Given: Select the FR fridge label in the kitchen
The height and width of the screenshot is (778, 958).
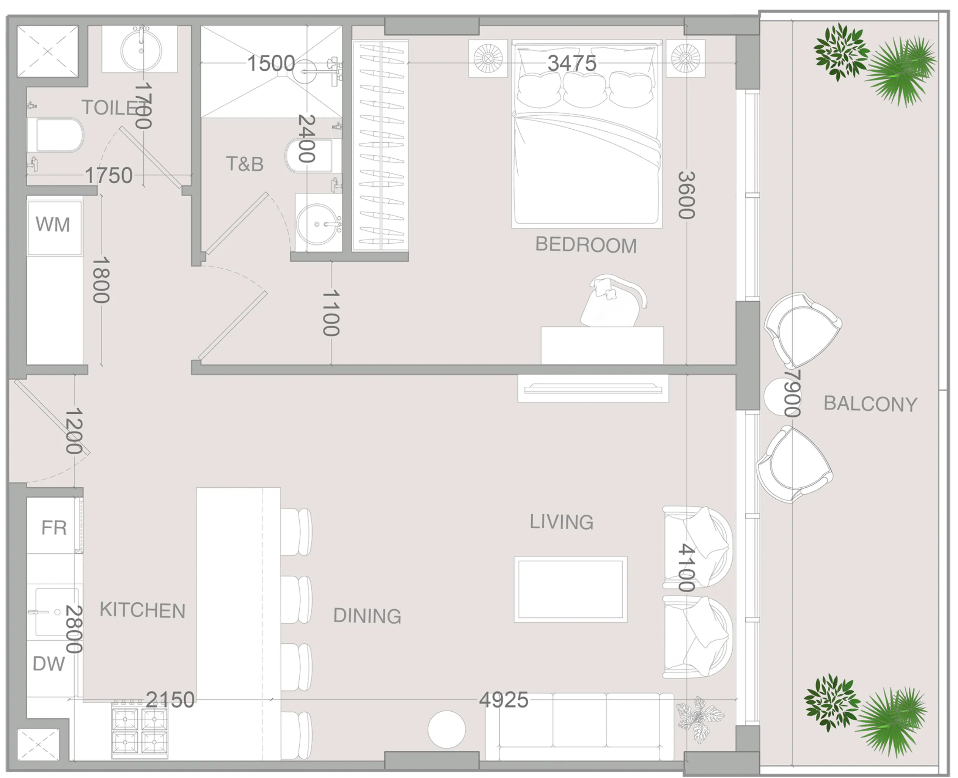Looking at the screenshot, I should pos(54,528).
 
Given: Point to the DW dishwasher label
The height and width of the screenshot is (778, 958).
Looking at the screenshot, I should pos(49,664).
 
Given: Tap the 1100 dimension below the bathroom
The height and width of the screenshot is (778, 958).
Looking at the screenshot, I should pos(331,313).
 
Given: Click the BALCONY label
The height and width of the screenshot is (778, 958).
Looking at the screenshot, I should pos(870,404).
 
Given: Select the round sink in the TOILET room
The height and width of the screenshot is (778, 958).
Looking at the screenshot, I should pos(141,50).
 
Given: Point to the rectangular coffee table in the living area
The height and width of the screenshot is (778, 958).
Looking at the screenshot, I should pos(570,589).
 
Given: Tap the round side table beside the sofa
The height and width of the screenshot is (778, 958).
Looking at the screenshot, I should pos(446,729).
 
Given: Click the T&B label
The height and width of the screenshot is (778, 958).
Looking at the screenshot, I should pos(245,164).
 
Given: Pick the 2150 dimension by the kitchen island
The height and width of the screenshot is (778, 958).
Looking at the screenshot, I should pos(170,699).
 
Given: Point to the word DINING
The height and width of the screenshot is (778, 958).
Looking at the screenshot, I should pos(367,616).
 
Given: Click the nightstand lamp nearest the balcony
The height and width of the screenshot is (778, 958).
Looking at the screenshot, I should pos(685,58).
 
